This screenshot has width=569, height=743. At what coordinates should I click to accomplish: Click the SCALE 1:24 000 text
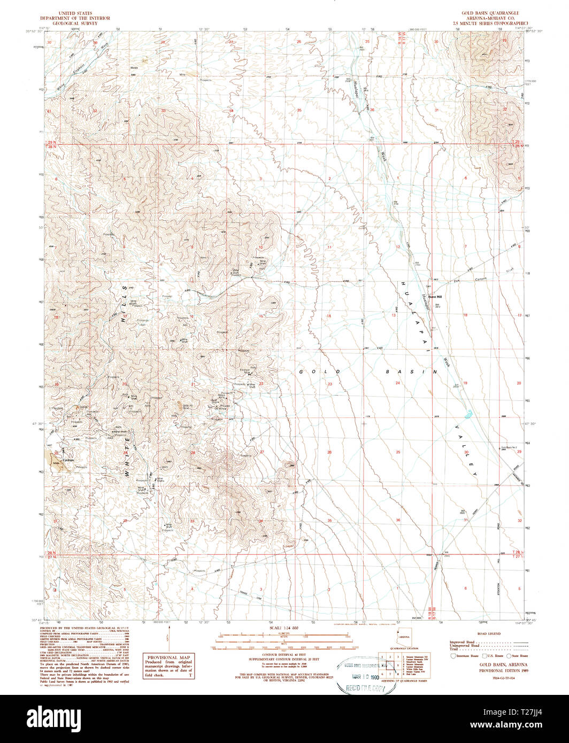tap(284, 628)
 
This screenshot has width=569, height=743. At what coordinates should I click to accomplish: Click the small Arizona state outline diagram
tap(400, 637)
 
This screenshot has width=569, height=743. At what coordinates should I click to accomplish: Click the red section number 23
tap(329, 384)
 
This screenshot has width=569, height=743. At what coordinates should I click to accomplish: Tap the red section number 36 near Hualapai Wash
tap(372, 110)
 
